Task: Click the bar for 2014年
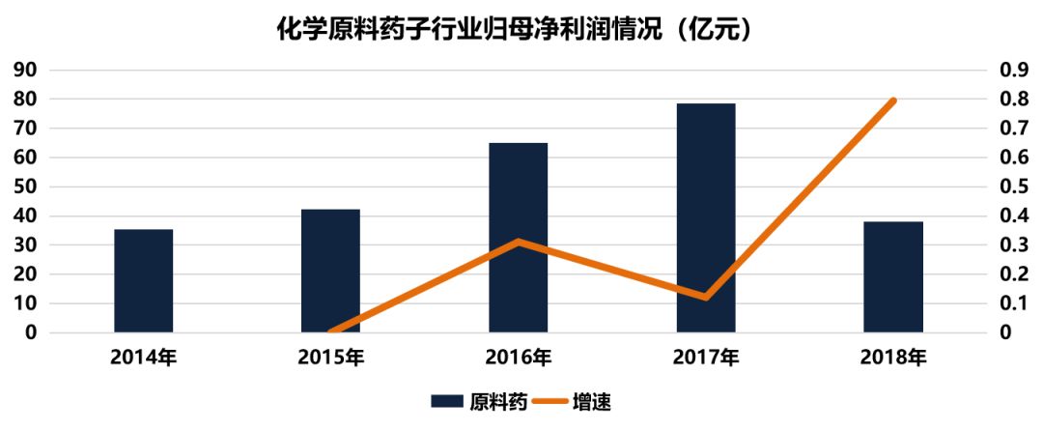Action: pos(143,280)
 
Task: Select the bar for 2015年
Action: pos(330,271)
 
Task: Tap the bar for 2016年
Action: pos(518,238)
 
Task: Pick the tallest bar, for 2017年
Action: pos(705,217)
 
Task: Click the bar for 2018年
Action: pos(892,276)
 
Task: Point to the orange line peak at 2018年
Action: pos(893,101)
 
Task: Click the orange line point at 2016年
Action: pos(519,242)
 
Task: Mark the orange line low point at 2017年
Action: pos(706,297)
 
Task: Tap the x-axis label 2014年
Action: pos(143,359)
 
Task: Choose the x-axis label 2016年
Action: pos(518,359)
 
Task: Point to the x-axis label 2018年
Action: pos(892,359)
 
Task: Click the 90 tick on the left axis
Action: pos(25,71)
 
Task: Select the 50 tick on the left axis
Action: pos(25,187)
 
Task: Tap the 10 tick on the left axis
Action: pos(25,303)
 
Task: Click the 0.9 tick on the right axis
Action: pos(1012,71)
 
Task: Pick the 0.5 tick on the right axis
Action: pos(1012,187)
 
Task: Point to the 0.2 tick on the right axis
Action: pos(1012,274)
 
